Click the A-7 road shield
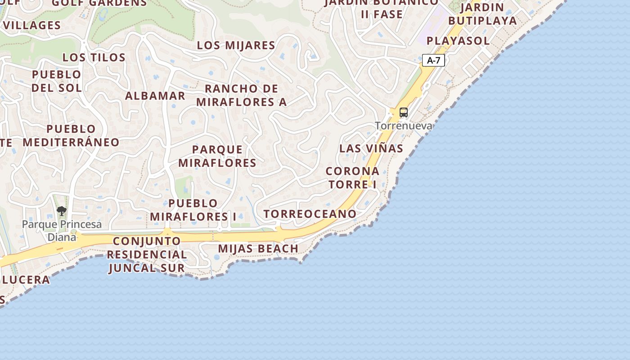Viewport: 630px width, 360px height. pos(433,60)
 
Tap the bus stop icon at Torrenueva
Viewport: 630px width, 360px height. pos(404,112)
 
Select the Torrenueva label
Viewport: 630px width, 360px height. pos(404,126)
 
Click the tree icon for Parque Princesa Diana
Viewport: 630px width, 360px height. pos(62,211)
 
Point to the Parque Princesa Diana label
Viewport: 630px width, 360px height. pos(62,230)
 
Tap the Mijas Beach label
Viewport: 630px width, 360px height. pos(258,248)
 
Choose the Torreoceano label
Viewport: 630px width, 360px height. pos(310,214)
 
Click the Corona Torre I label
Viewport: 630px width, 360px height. pos(352,178)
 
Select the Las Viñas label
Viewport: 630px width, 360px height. pos(371,148)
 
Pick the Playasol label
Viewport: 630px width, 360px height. pos(458,40)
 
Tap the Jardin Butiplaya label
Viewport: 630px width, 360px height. pos(482,14)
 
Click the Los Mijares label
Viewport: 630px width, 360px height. pos(236,45)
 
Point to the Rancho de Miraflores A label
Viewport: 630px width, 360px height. pos(242,95)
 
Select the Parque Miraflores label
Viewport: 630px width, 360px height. pos(217,156)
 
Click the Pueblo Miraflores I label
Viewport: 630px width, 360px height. pos(193,210)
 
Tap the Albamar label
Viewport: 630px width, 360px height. pos(155,96)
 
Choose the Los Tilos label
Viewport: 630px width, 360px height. pos(94,57)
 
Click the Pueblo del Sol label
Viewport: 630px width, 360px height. pos(57,81)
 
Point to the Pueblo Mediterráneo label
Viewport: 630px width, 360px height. pos(71,135)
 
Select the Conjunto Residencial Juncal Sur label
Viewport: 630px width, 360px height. pos(147,254)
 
